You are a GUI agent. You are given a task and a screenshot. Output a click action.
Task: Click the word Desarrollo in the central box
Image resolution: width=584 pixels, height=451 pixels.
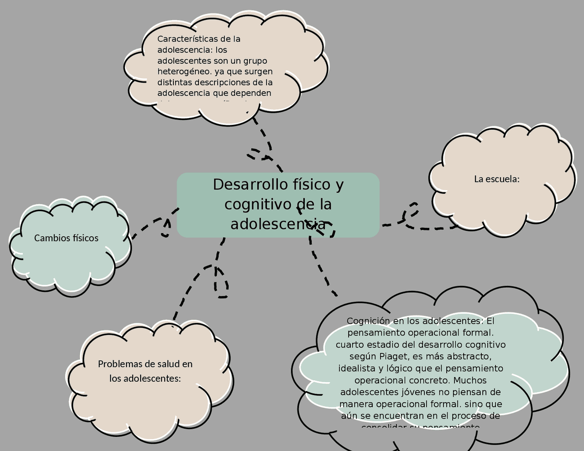pos(249,185)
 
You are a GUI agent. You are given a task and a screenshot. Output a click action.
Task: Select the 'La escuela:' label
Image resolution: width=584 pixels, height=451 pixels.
pos(497,179)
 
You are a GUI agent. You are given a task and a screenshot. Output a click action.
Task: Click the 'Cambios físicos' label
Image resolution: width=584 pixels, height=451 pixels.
pos(66,238)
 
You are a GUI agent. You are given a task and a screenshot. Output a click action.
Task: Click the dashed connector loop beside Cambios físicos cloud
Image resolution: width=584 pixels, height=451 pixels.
pos(165,228)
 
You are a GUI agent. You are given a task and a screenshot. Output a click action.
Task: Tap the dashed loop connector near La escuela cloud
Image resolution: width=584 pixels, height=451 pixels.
pos(411,211)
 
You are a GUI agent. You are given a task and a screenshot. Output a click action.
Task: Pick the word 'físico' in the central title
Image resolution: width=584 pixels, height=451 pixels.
pos(310,185)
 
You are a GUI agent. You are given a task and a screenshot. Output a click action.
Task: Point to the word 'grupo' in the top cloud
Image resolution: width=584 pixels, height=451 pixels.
pos(255,61)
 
